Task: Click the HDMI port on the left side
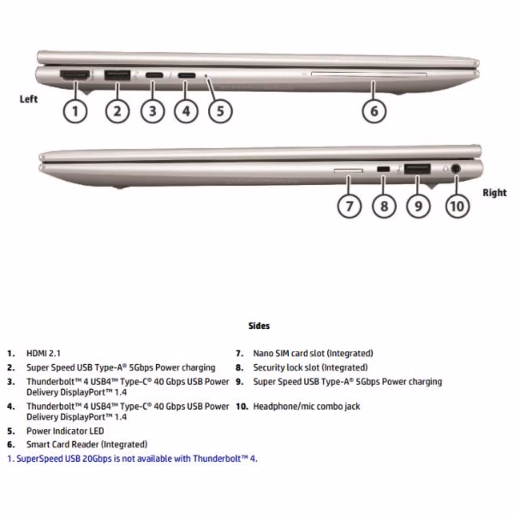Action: (75, 75)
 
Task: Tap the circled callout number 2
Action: (117, 111)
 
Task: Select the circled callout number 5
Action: (220, 111)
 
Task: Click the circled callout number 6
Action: (374, 111)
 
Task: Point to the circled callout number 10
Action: (457, 206)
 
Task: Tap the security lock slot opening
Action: (383, 169)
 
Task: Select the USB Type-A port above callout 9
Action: (417, 169)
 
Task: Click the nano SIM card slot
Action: (348, 171)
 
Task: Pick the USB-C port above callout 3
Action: (154, 75)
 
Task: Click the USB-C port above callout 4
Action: (187, 75)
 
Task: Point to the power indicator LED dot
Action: (206, 76)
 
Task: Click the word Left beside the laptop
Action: (29, 99)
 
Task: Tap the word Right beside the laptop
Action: (494, 192)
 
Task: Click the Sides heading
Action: (259, 326)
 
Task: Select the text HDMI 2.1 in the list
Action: (43, 353)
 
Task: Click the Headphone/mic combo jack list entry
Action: (307, 407)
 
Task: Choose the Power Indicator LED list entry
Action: (65, 431)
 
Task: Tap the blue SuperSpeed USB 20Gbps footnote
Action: (132, 459)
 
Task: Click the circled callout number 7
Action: (349, 206)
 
